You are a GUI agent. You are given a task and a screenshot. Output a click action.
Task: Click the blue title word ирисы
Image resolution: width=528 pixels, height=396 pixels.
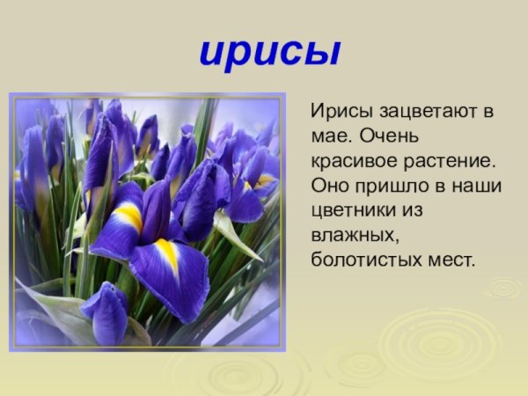[x=269, y=52]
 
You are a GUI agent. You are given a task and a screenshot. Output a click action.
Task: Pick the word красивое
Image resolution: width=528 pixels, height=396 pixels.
[x=350, y=164]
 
